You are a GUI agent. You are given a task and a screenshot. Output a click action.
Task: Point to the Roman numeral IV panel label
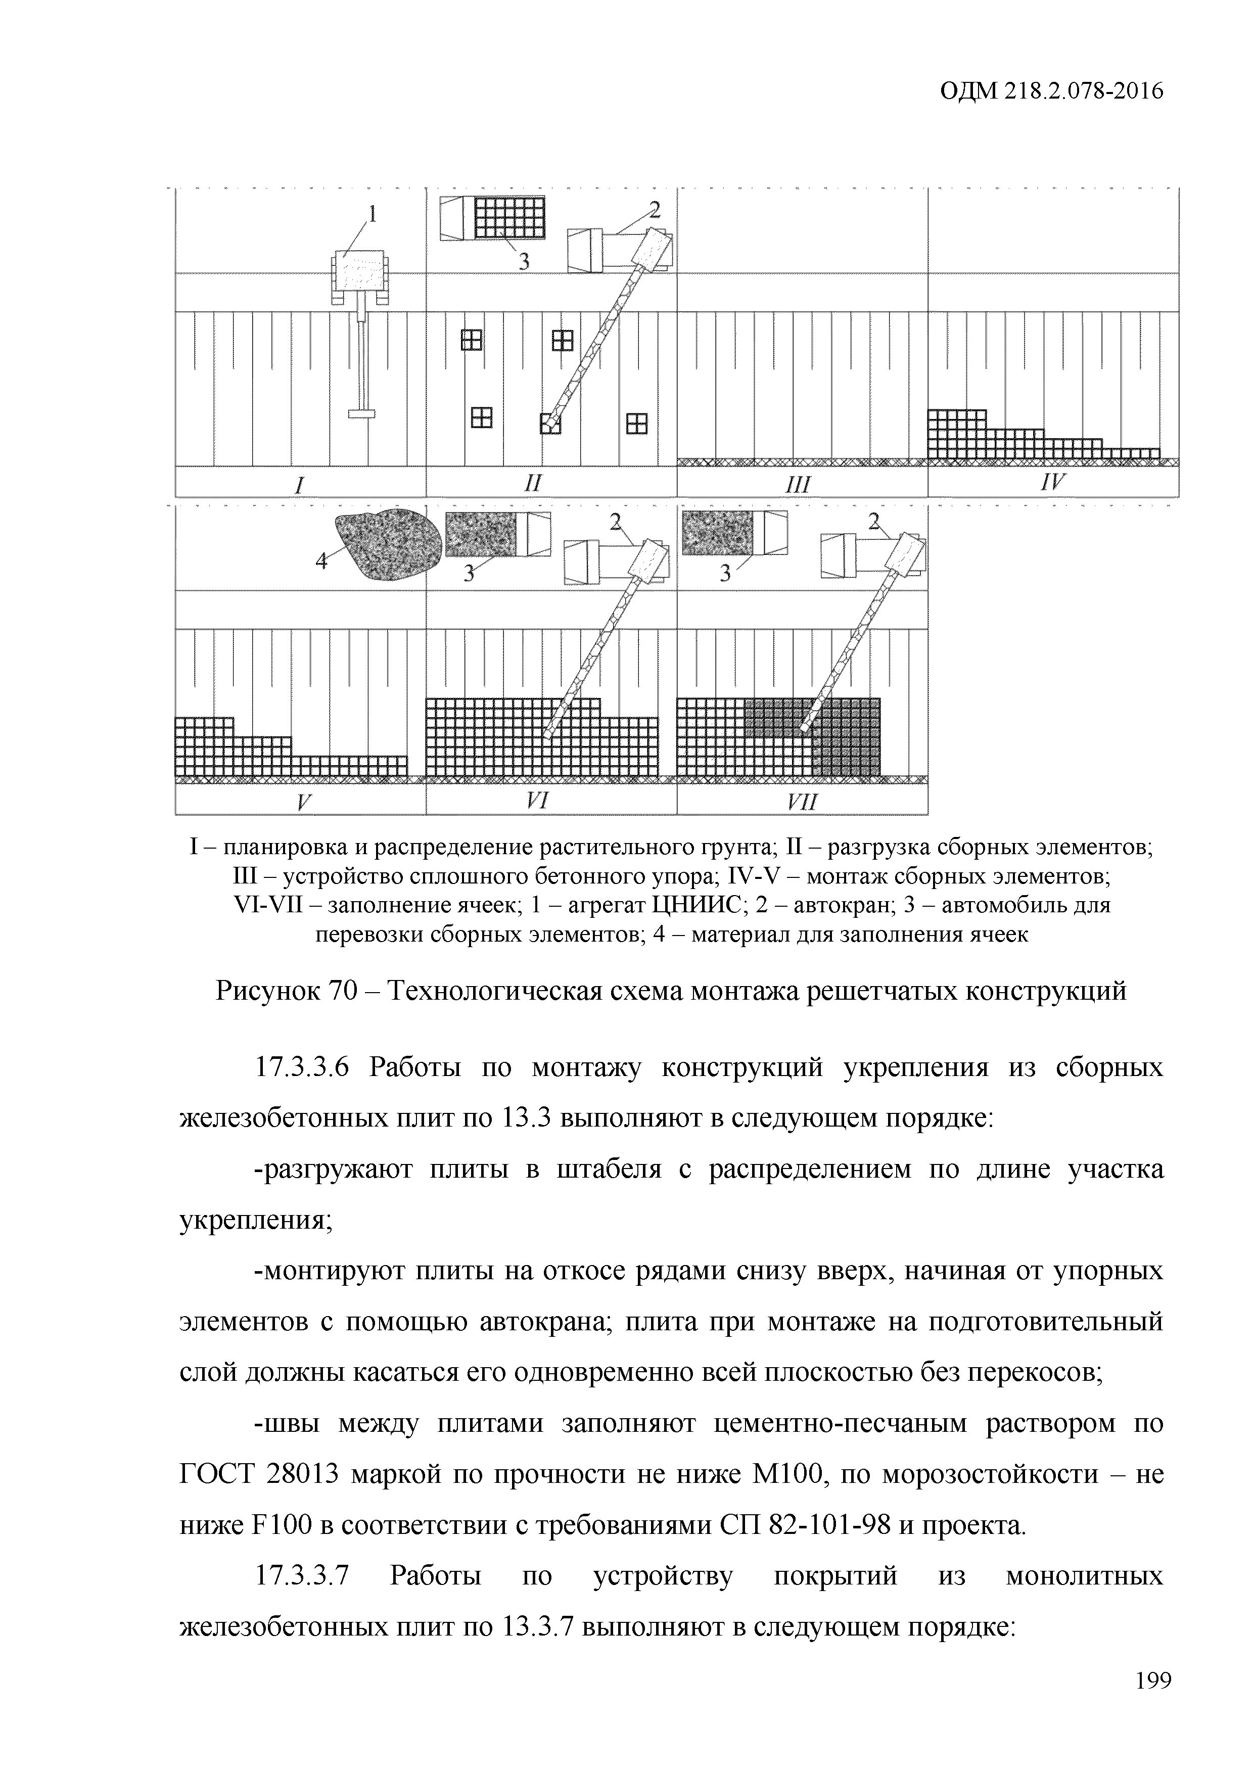pyautogui.click(x=1052, y=483)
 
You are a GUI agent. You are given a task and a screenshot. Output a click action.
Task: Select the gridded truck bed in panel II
pyautogui.click(x=509, y=218)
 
